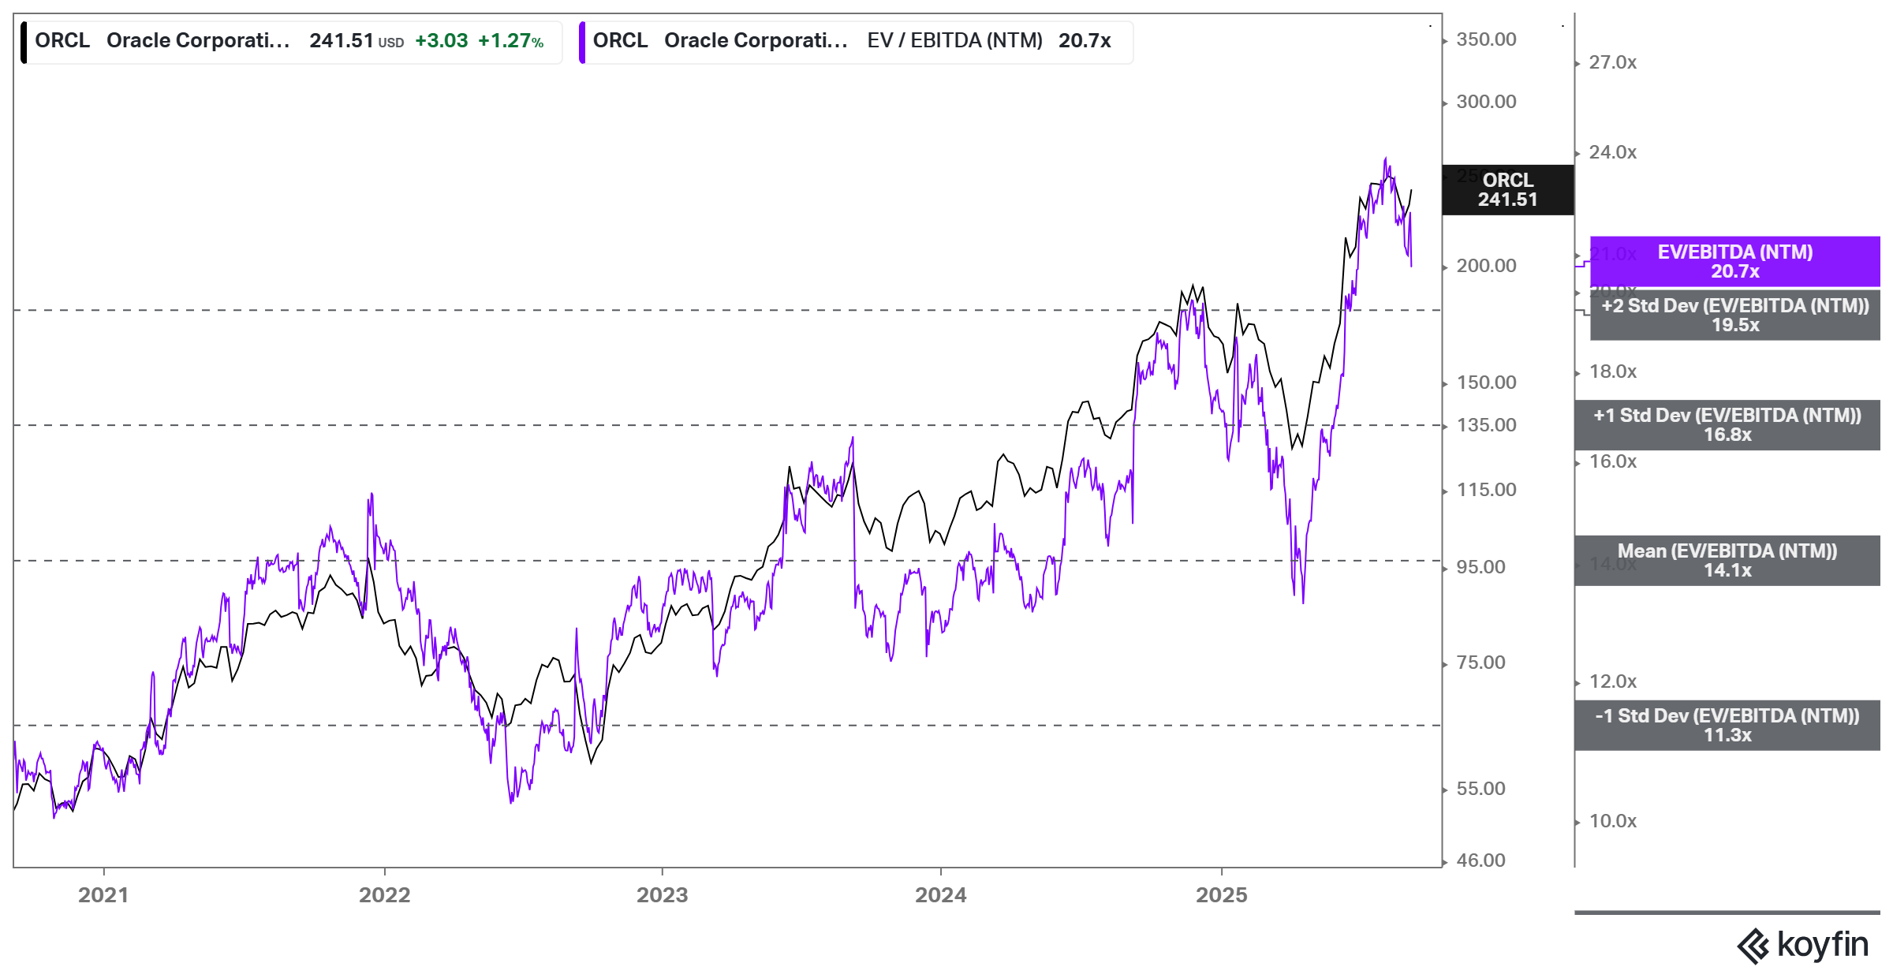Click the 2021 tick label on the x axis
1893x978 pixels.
click(103, 895)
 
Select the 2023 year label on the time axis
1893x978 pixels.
click(662, 895)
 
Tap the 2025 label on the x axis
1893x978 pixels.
click(1221, 895)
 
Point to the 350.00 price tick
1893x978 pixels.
click(1486, 39)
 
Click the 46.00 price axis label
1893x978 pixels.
click(1480, 860)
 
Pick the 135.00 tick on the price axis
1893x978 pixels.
click(1486, 425)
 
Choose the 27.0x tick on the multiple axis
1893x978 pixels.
click(1612, 62)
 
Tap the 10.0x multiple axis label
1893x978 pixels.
click(1612, 821)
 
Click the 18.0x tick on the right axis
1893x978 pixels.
click(1612, 371)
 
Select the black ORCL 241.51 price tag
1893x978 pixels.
click(1507, 190)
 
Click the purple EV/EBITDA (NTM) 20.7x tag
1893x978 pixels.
click(1734, 261)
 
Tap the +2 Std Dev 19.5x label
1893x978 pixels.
click(1734, 315)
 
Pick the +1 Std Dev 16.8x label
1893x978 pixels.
click(1727, 425)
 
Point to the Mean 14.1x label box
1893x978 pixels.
click(1727, 561)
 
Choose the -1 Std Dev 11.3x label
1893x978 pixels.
click(1727, 726)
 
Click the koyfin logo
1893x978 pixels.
click(1802, 945)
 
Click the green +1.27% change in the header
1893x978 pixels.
click(510, 41)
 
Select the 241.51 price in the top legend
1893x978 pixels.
click(341, 41)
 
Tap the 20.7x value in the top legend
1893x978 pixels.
click(1084, 41)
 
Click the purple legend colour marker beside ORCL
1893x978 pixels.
click(582, 42)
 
